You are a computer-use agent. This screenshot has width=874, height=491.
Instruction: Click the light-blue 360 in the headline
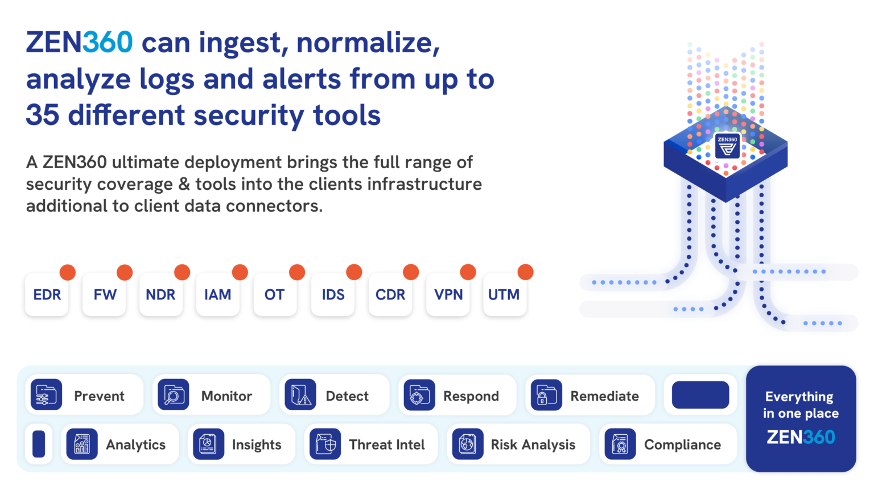coord(108,42)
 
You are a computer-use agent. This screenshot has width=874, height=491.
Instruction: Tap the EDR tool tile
coord(47,294)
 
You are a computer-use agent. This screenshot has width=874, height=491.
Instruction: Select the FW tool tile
coord(104,294)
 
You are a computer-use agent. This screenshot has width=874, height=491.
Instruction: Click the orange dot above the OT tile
coord(297,272)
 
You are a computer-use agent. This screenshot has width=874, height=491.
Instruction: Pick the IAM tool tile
coord(218,294)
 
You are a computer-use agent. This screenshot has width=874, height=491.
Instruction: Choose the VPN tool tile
coord(448,294)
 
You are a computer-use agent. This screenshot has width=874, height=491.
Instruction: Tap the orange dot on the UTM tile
coord(525,272)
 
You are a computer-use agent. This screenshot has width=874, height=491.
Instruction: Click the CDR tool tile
coord(390,294)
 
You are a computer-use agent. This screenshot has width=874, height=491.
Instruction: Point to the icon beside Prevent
coord(47,395)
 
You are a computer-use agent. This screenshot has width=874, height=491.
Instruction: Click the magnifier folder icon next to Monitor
coord(173,395)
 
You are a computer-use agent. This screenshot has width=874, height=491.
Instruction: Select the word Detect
coord(347,396)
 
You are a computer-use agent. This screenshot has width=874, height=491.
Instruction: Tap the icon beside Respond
coord(419,395)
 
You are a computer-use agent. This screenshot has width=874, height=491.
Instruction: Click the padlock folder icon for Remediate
coord(546,395)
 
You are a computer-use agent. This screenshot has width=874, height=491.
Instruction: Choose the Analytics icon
coord(82,444)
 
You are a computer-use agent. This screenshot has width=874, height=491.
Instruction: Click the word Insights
coord(257,444)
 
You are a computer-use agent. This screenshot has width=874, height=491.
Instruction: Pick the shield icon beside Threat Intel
coord(325,444)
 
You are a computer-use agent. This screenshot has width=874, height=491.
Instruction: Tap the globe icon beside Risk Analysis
coord(467,444)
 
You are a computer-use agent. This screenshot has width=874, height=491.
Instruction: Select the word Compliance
coord(682,445)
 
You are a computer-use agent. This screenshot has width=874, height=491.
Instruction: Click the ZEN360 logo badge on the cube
coord(727,145)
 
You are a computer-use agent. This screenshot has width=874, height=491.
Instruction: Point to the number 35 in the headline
coord(43,115)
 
